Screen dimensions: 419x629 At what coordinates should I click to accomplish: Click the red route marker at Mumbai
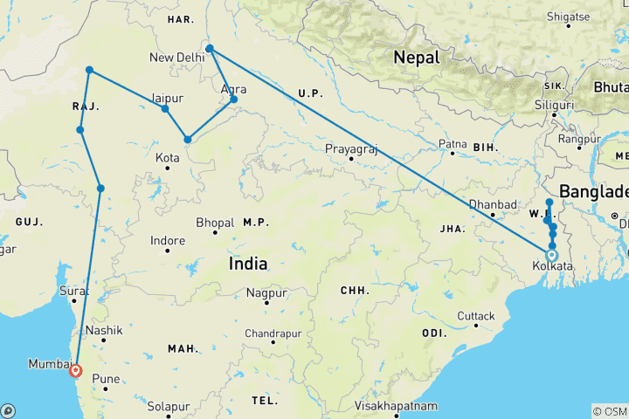coord(76,370)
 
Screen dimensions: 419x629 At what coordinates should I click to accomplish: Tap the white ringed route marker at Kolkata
coord(551,256)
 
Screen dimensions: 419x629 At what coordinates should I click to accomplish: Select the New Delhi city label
coord(177,58)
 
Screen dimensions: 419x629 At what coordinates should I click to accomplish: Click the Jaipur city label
coord(167,97)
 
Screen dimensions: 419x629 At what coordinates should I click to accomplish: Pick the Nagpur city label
coord(266,292)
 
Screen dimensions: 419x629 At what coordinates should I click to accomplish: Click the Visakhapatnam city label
coord(397,407)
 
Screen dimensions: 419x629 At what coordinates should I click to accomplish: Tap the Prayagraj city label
coord(351,148)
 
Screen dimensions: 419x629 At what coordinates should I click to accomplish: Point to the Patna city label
coord(453,143)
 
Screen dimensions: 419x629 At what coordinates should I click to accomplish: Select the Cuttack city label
coord(477,316)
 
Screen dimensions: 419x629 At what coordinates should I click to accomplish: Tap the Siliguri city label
coord(555,105)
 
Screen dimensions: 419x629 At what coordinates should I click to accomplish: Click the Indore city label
coord(168,240)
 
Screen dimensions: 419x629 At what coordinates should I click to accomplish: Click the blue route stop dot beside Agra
coord(234,100)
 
